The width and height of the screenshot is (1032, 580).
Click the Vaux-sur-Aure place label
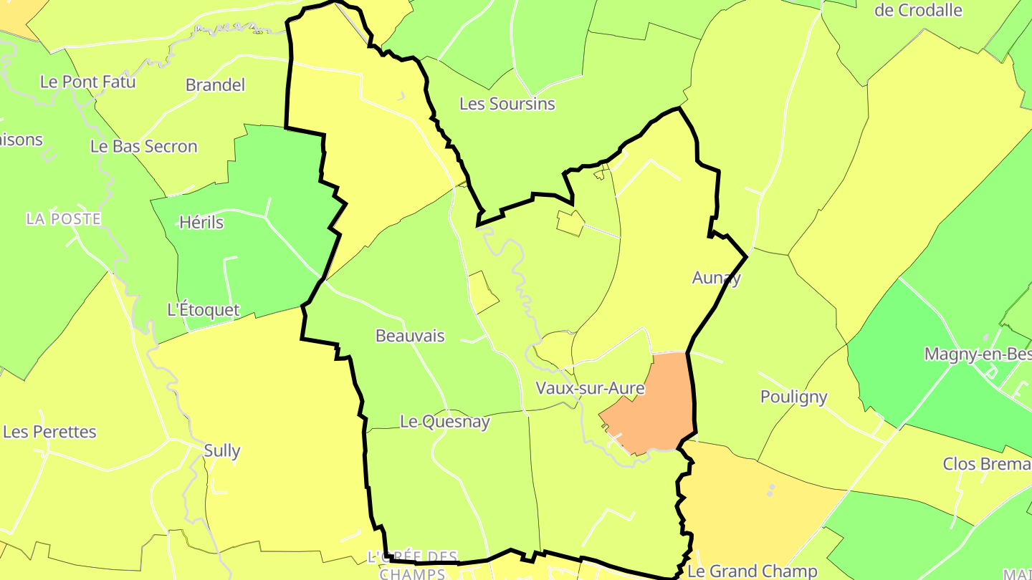click(590, 389)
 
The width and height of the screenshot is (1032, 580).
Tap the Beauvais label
click(410, 336)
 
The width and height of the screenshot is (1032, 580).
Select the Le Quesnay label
click(444, 422)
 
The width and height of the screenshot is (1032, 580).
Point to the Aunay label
click(716, 278)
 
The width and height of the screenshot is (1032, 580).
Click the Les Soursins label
click(507, 104)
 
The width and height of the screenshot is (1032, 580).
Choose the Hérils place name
click(201, 223)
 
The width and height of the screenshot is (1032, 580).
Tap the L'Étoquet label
click(203, 310)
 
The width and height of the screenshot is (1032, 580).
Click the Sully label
click(222, 451)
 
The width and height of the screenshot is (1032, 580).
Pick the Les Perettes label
click(49, 432)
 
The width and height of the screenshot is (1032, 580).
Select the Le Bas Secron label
click(143, 147)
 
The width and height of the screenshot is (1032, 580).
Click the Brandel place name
click(215, 85)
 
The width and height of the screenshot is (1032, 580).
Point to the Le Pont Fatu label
click(87, 82)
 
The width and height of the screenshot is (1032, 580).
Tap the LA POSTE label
click(63, 219)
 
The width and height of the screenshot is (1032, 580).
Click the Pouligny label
click(793, 397)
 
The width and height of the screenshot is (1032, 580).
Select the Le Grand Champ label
click(752, 571)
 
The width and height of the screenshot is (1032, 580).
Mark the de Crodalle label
click(918, 10)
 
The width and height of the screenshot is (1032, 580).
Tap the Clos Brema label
click(987, 464)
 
